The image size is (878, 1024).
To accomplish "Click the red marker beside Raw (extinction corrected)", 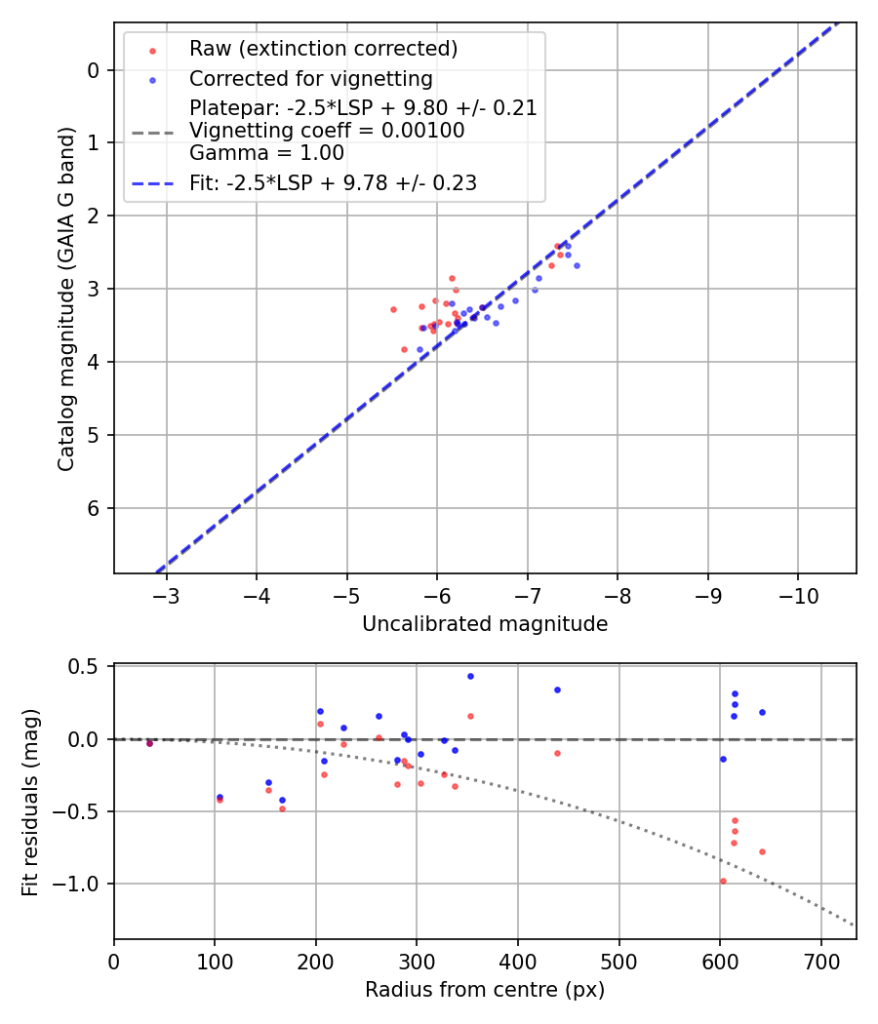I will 151,50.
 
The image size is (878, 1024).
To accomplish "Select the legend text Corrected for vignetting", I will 311,78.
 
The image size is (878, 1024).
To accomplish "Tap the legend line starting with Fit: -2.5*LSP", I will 333,183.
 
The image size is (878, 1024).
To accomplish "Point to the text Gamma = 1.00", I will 266,152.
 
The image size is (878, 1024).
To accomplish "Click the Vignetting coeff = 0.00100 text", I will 327,130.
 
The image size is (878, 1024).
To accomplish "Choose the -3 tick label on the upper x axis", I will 166,595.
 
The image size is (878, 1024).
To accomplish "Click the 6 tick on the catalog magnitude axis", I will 94,508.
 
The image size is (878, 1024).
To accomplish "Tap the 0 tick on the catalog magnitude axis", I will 94,69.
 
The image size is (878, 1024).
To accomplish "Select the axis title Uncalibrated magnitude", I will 485,624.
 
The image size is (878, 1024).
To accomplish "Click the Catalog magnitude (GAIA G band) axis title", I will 66,296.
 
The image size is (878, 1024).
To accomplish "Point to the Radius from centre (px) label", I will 485,990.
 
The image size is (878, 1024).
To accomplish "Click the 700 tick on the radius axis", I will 820,962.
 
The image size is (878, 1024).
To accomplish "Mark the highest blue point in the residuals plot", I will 470,676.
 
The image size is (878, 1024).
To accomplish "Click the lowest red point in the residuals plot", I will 723,881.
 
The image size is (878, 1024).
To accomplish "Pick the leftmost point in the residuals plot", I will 149,743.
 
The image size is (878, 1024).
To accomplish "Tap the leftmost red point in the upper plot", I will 393,309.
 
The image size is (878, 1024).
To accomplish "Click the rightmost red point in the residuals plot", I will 762,851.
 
